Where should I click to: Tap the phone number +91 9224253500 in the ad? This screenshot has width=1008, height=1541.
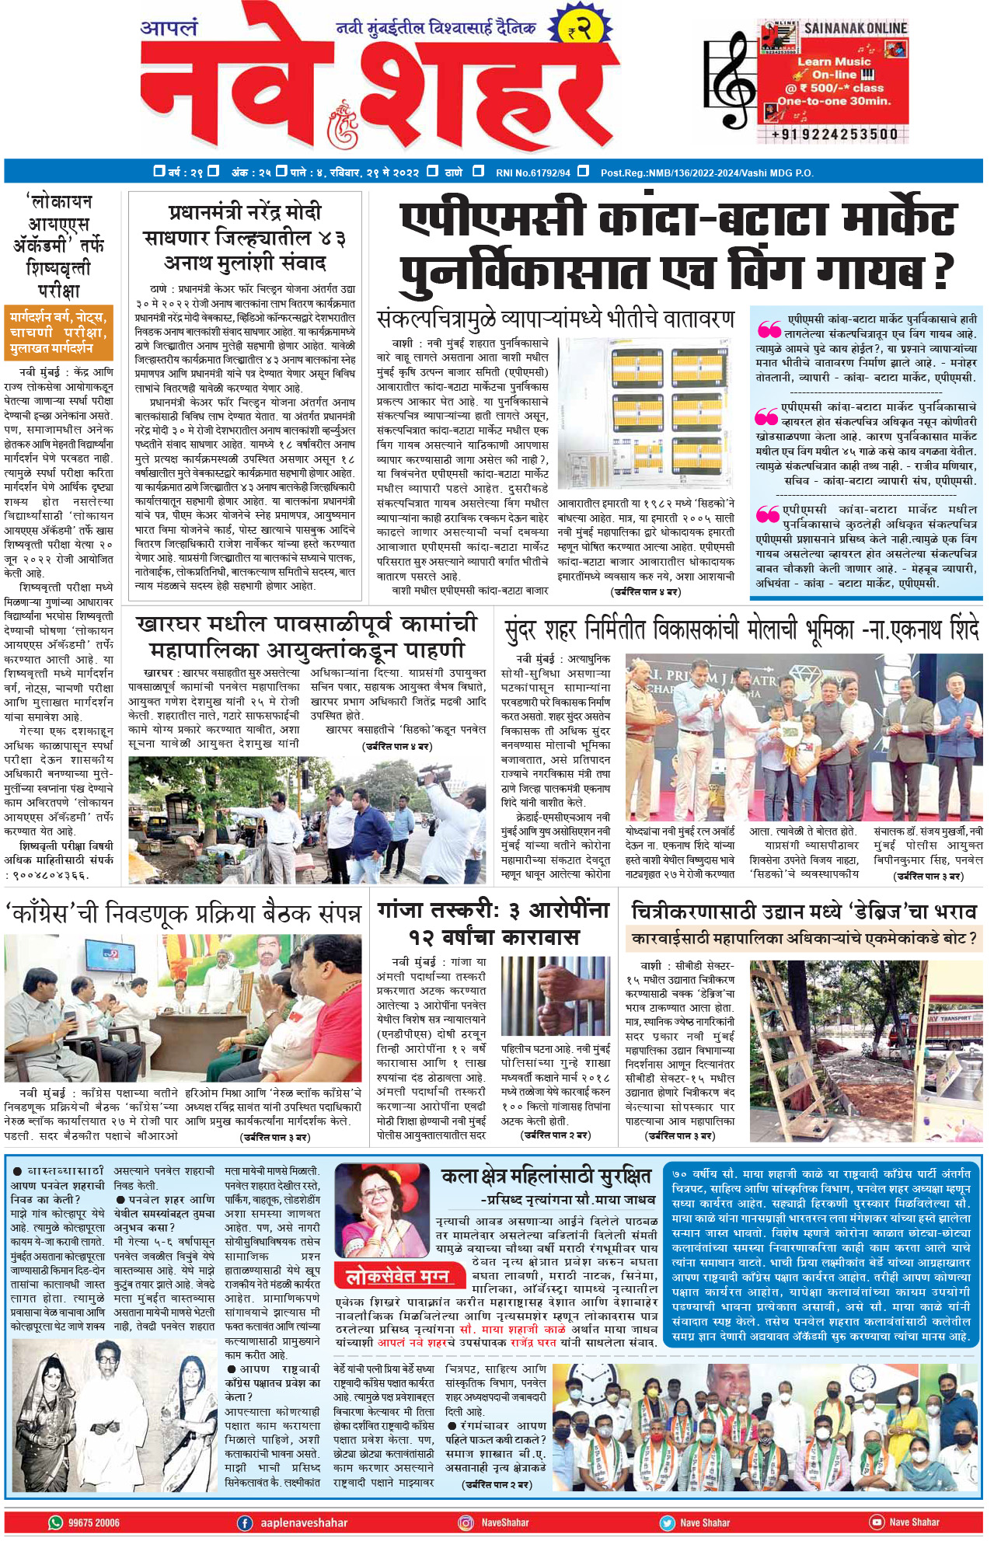pos(834,134)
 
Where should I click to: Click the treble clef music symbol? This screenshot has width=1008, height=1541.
pos(731,81)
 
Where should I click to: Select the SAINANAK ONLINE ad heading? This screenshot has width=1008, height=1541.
pos(855,29)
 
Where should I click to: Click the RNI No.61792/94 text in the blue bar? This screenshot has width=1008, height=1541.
pos(532,172)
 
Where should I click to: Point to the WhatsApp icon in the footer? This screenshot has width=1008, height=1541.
pos(56,1522)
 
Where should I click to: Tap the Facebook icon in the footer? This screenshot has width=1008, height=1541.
pos(245,1522)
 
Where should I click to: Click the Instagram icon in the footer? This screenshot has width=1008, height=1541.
pos(466,1522)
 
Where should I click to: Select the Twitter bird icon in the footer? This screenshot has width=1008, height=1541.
pos(667,1522)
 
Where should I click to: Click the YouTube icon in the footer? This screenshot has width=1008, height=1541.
pos(877,1522)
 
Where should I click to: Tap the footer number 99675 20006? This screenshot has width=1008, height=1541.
pos(93,1522)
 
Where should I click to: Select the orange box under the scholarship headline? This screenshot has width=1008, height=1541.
pos(58,332)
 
